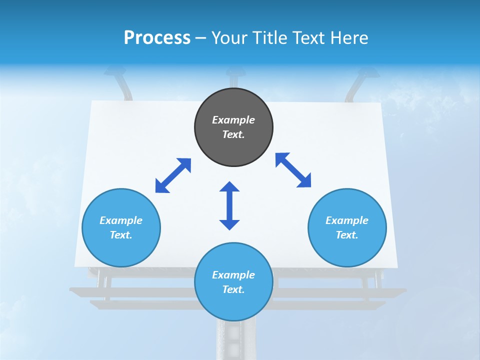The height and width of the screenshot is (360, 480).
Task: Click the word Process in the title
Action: pos(157,37)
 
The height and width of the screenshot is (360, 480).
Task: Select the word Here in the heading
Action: pos(349,37)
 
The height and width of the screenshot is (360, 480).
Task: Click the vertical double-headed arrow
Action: pos(229,205)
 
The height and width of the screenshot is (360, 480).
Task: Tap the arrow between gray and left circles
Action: pos(173,175)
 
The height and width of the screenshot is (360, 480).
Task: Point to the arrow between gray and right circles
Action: pos(293,170)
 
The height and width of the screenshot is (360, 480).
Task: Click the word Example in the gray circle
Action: pos(233,120)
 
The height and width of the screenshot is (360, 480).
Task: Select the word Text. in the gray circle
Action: pos(233,134)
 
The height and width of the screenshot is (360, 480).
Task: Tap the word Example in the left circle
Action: pos(121,220)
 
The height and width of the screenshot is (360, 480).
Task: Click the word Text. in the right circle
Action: pos(347,235)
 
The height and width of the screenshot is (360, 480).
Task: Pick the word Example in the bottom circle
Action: pos(233,275)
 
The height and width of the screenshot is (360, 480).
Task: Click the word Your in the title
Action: pos(228,37)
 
